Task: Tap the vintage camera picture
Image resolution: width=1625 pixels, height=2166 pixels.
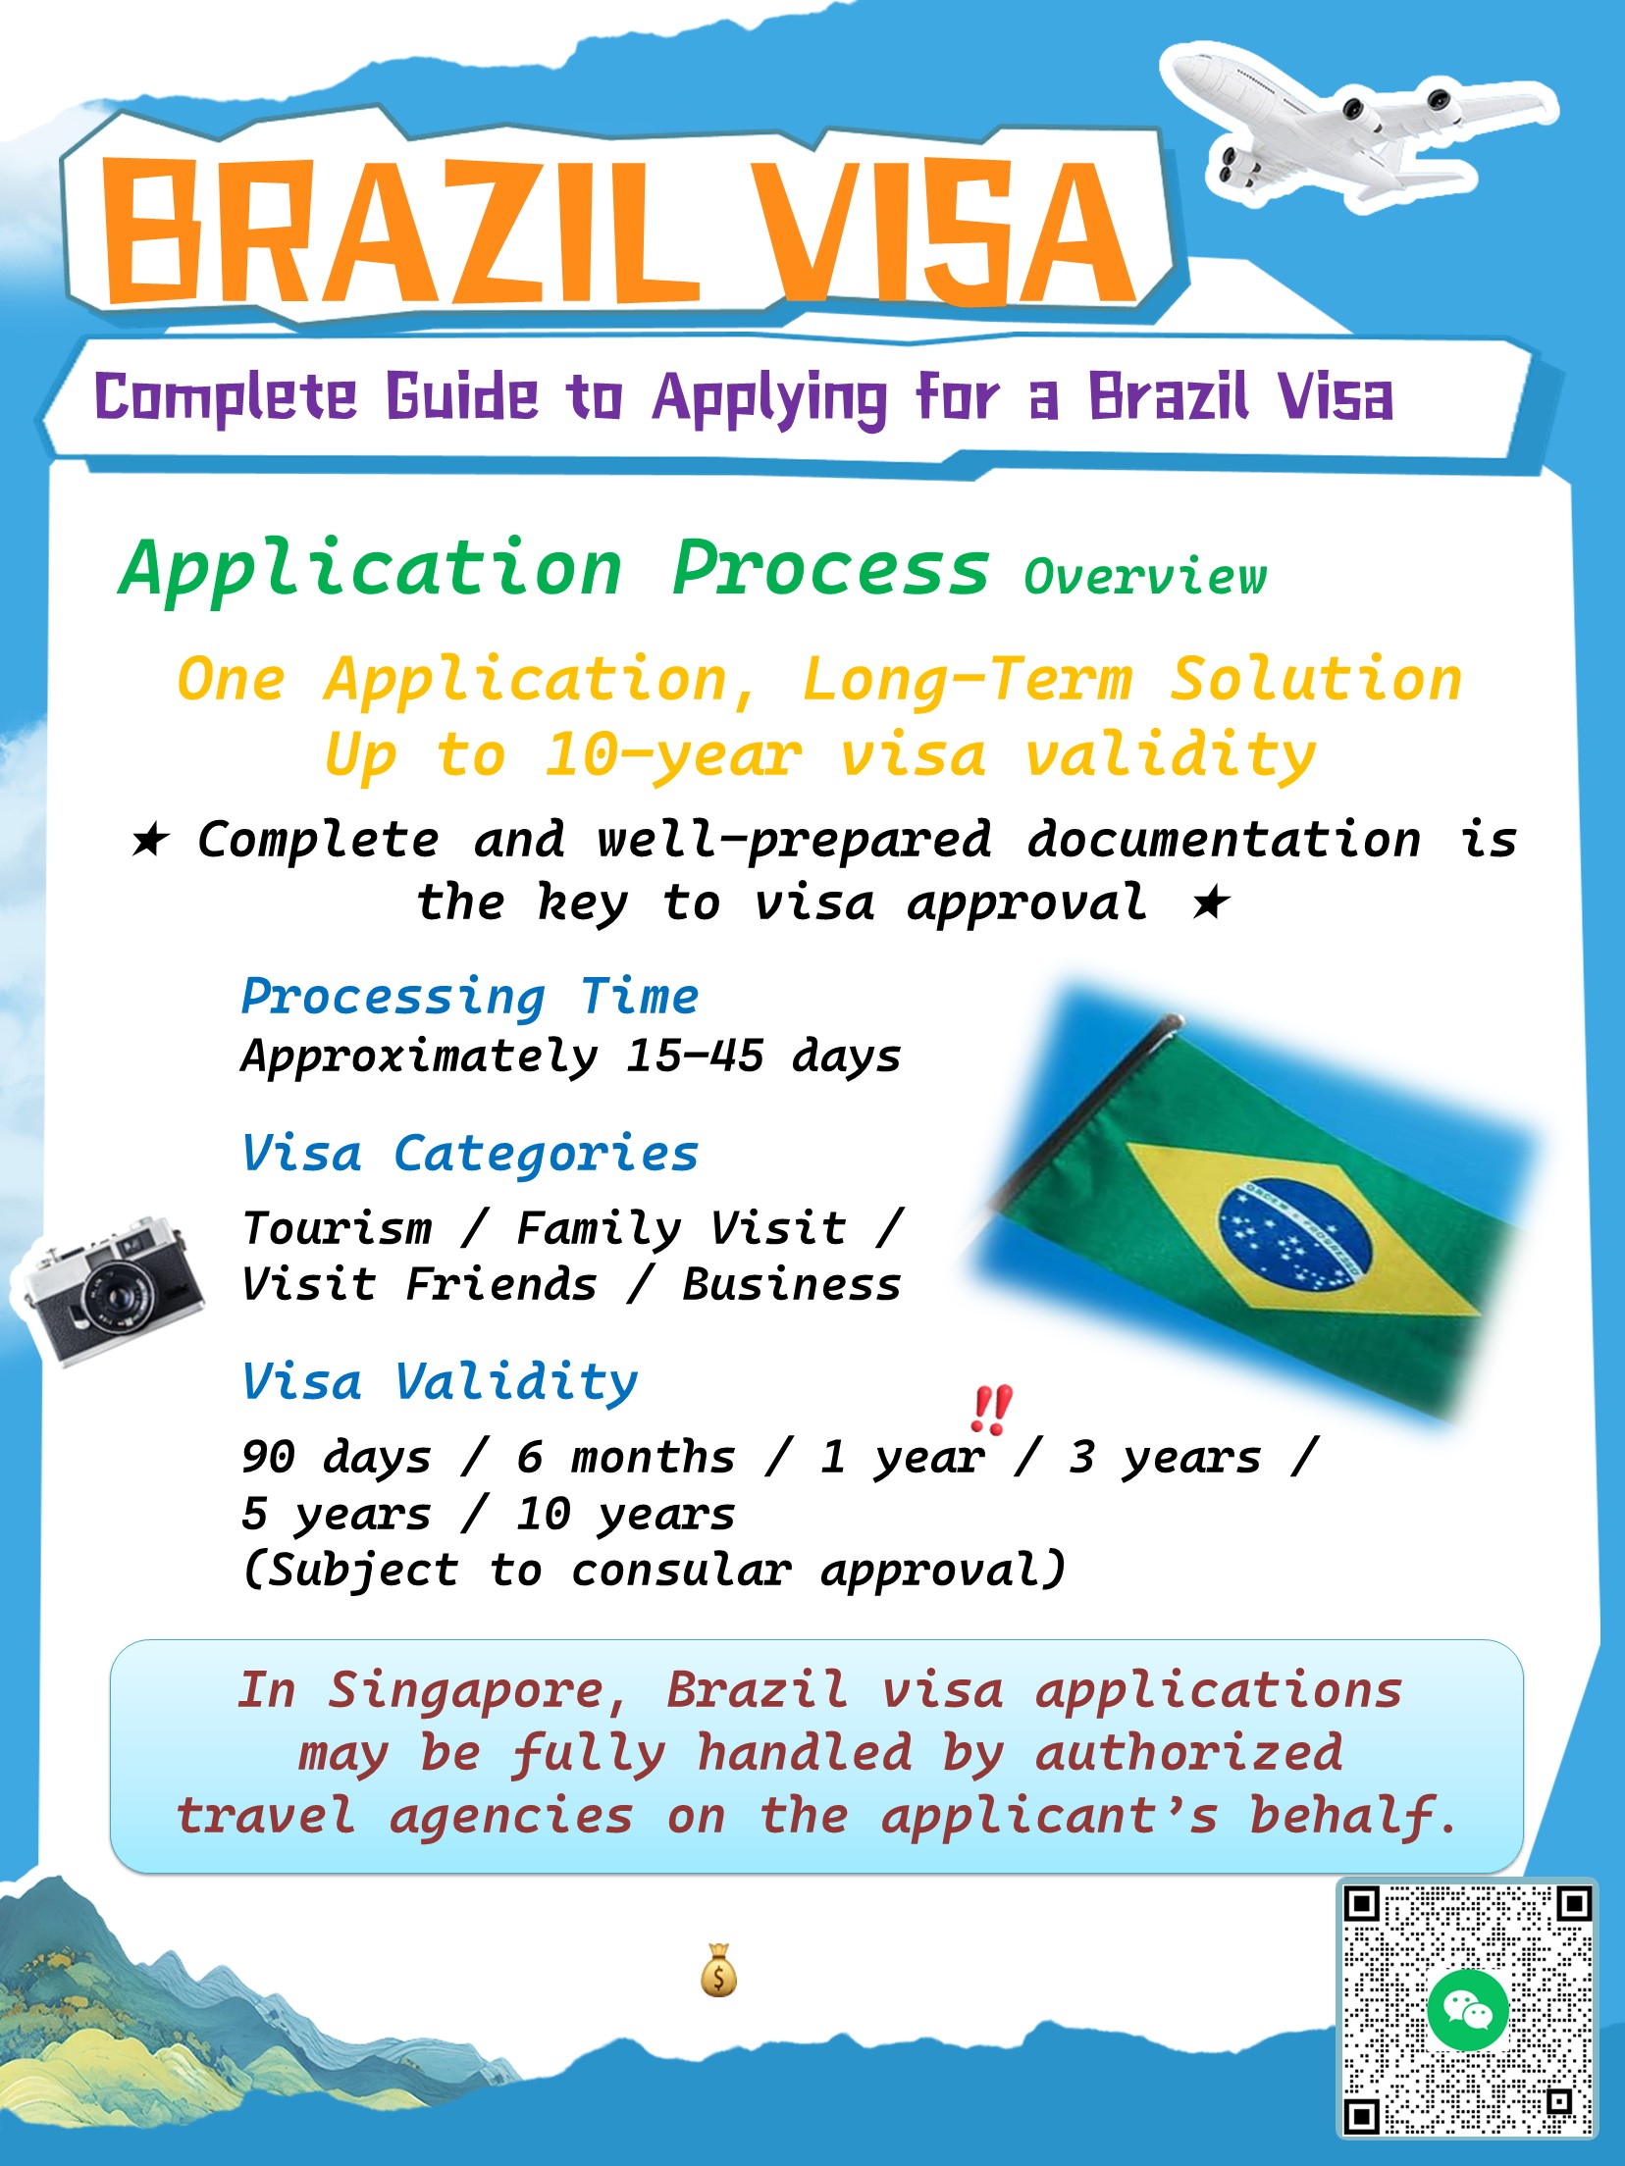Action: coord(110,1289)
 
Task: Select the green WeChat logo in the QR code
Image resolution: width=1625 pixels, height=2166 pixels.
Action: coord(1468,2010)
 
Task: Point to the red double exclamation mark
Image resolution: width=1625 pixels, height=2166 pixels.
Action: coord(990,1409)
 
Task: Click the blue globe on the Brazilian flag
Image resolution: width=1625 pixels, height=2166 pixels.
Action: coord(1295,1233)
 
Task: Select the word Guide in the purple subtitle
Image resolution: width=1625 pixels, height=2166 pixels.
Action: coord(461,397)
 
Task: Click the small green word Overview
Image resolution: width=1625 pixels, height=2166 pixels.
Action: coord(1144,576)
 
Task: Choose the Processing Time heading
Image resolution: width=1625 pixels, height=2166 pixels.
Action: coord(470,997)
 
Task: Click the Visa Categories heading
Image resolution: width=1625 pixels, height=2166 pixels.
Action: coord(470,1154)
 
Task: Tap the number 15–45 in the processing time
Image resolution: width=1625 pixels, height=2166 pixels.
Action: coord(695,1056)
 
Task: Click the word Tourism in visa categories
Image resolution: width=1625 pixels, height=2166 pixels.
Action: coord(338,1228)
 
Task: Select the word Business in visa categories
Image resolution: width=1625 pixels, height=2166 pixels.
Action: coord(791,1285)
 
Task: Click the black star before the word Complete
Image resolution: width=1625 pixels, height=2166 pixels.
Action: coord(150,840)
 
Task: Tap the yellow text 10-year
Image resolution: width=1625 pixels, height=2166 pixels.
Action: coord(673,755)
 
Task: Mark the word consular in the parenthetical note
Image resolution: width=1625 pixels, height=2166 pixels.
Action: coord(681,1570)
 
